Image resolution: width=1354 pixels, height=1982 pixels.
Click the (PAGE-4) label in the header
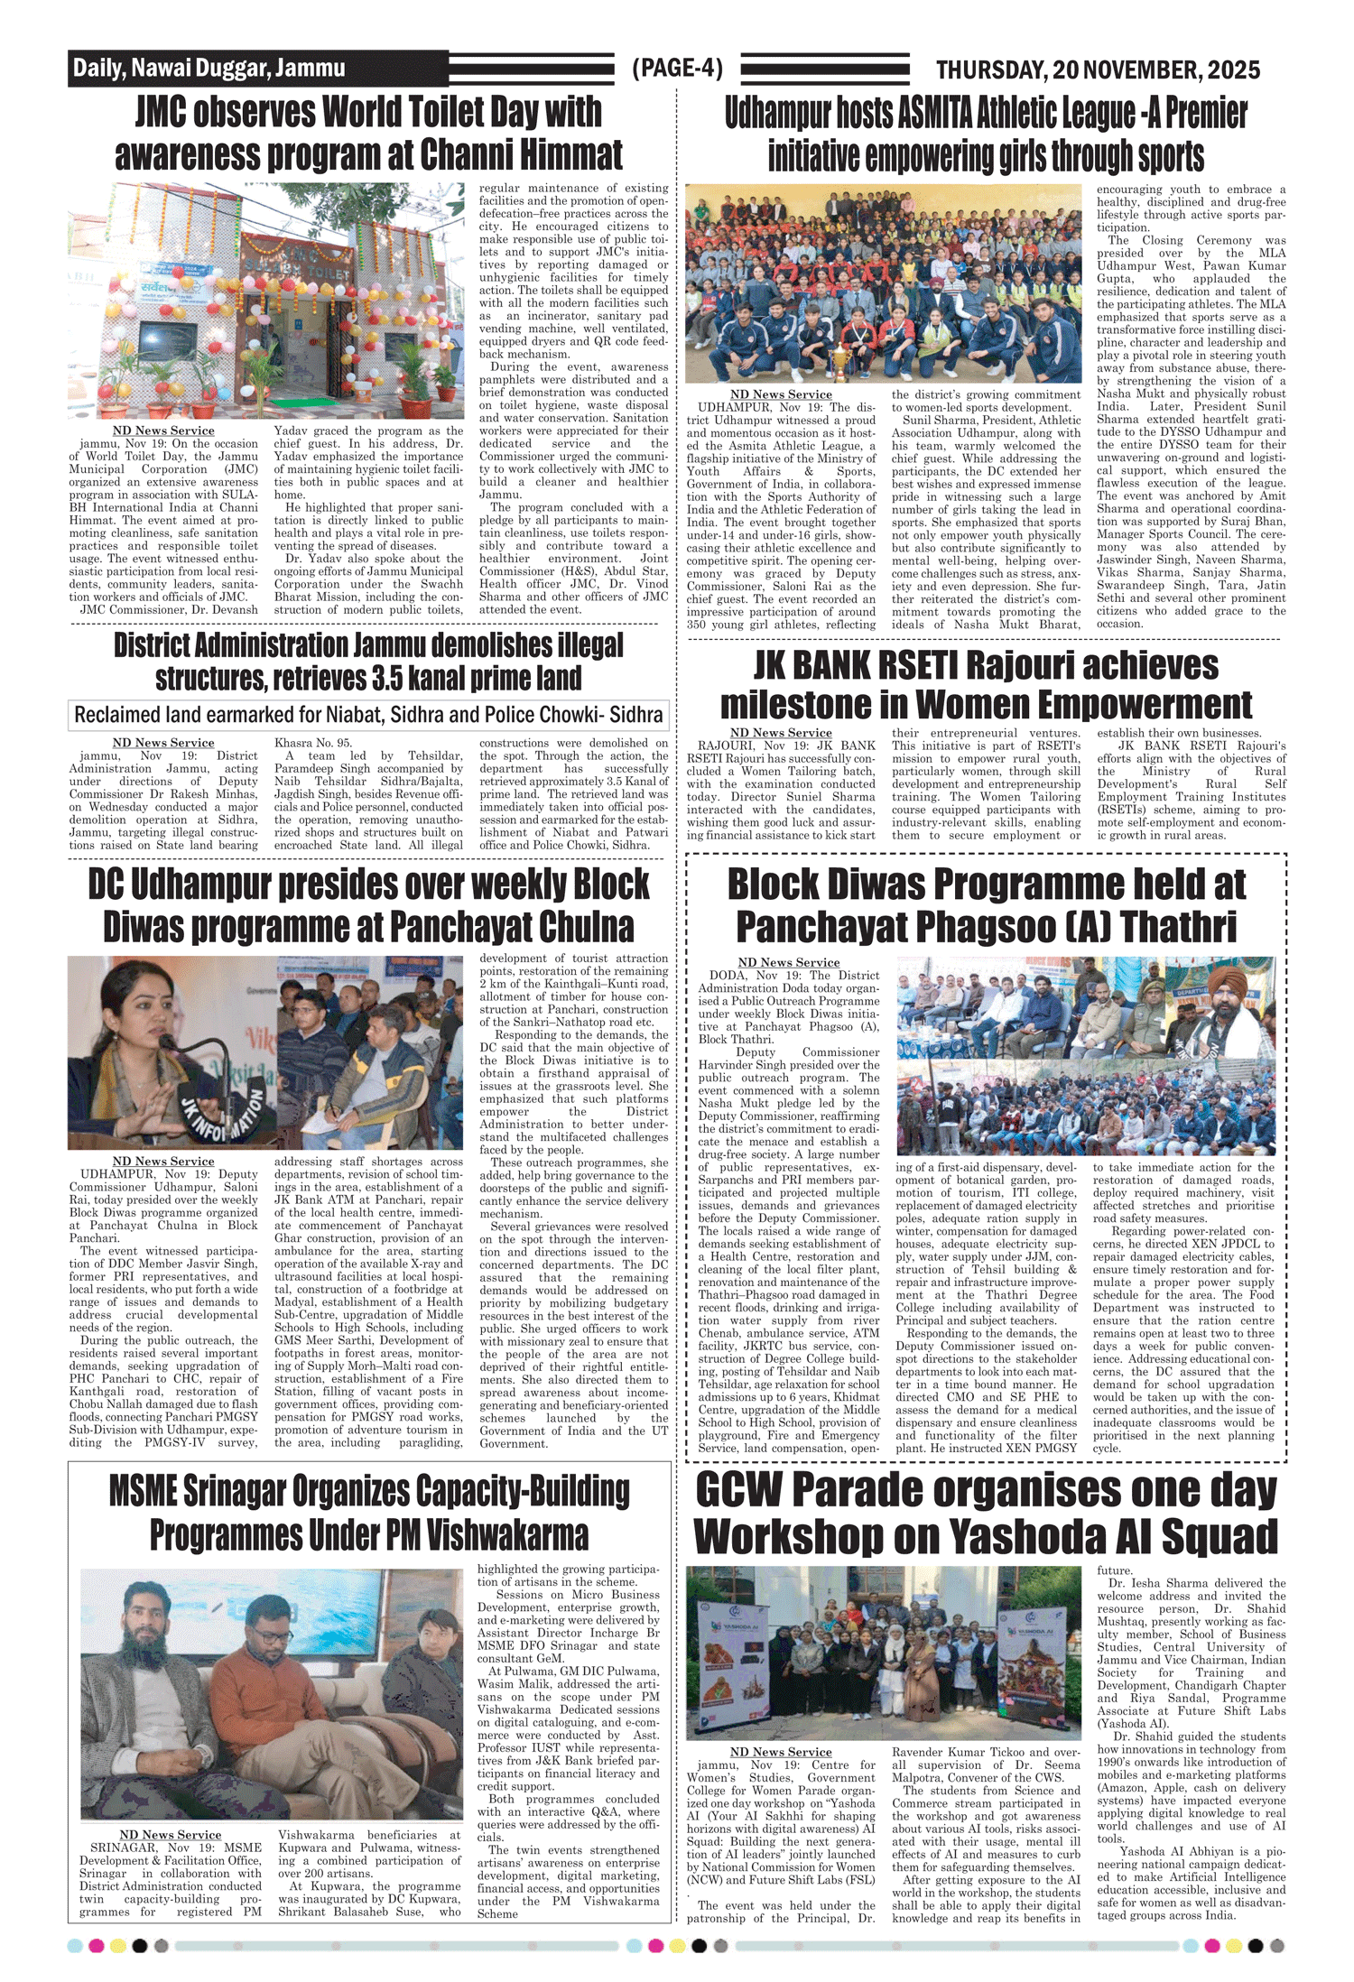coord(677,69)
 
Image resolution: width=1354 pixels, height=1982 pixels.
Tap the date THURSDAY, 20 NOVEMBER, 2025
coord(1098,69)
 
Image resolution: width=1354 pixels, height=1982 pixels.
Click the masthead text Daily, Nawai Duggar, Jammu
coord(209,69)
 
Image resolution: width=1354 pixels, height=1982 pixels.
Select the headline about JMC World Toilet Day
coord(368,134)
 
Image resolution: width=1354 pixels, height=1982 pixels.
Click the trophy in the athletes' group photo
coord(841,358)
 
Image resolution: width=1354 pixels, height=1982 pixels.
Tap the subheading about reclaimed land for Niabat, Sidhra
coord(368,715)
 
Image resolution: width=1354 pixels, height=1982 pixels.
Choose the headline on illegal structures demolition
coord(368,662)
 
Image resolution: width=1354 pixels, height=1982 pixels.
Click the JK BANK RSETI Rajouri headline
coord(986,685)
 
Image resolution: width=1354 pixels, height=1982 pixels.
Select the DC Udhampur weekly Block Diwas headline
coord(368,905)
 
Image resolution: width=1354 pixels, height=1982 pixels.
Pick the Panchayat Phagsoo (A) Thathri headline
coord(986,905)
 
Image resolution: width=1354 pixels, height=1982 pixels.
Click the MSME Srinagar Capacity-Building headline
coord(368,1513)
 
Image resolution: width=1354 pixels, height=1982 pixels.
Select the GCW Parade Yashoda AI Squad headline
coord(986,1513)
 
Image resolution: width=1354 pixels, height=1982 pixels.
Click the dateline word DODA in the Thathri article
coord(728,976)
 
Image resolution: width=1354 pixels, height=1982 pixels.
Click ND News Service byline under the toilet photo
coord(163,431)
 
